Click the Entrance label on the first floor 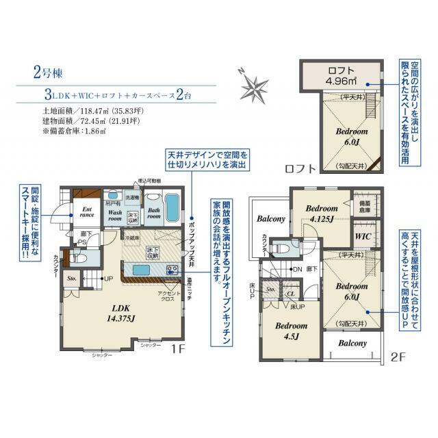click(87, 211)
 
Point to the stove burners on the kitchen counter click(172, 269)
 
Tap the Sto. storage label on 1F click(71, 279)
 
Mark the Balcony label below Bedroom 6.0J click(350, 343)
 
